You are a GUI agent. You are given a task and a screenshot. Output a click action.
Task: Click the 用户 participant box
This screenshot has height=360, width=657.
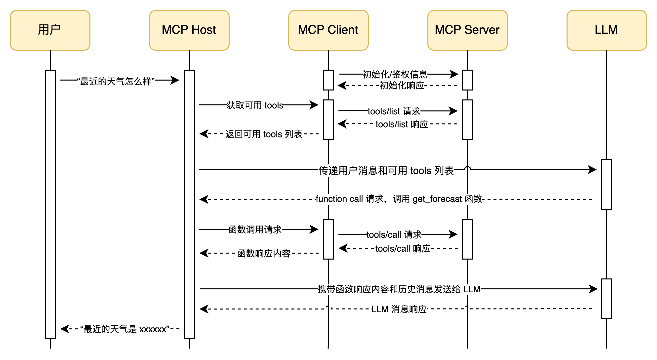50,30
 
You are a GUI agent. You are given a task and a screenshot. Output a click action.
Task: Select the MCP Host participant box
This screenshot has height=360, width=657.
189,30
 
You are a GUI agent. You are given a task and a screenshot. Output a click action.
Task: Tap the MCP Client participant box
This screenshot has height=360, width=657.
328,30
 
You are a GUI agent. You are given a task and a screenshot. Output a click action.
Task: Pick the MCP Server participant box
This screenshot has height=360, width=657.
467,30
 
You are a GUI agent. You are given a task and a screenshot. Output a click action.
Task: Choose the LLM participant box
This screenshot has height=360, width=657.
607,30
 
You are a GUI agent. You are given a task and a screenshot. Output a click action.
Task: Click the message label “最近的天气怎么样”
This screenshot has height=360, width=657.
116,81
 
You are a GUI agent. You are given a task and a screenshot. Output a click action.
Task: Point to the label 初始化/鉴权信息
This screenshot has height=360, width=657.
395,75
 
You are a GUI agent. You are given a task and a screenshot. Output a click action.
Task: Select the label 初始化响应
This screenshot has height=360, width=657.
402,86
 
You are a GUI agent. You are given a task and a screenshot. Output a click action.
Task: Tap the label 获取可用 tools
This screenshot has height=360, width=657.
255,105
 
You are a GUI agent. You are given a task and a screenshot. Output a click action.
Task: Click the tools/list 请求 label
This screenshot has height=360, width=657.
394,111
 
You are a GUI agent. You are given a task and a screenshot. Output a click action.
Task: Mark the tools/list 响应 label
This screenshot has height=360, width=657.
402,125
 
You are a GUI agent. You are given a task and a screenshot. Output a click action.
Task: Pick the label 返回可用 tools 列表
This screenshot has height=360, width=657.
264,134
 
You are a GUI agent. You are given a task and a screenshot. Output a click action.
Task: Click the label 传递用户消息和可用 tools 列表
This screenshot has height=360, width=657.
386,171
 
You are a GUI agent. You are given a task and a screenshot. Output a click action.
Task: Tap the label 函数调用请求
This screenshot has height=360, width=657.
255,230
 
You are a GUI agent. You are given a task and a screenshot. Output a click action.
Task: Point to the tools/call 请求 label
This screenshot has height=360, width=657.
394,235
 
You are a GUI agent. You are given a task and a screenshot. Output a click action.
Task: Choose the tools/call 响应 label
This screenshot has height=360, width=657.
403,249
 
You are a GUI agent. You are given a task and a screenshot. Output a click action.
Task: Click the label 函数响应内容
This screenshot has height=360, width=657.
264,254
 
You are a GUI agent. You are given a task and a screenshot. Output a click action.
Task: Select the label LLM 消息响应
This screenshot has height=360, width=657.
399,309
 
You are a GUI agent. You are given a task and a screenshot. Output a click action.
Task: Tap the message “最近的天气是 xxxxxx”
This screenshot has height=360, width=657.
124,329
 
